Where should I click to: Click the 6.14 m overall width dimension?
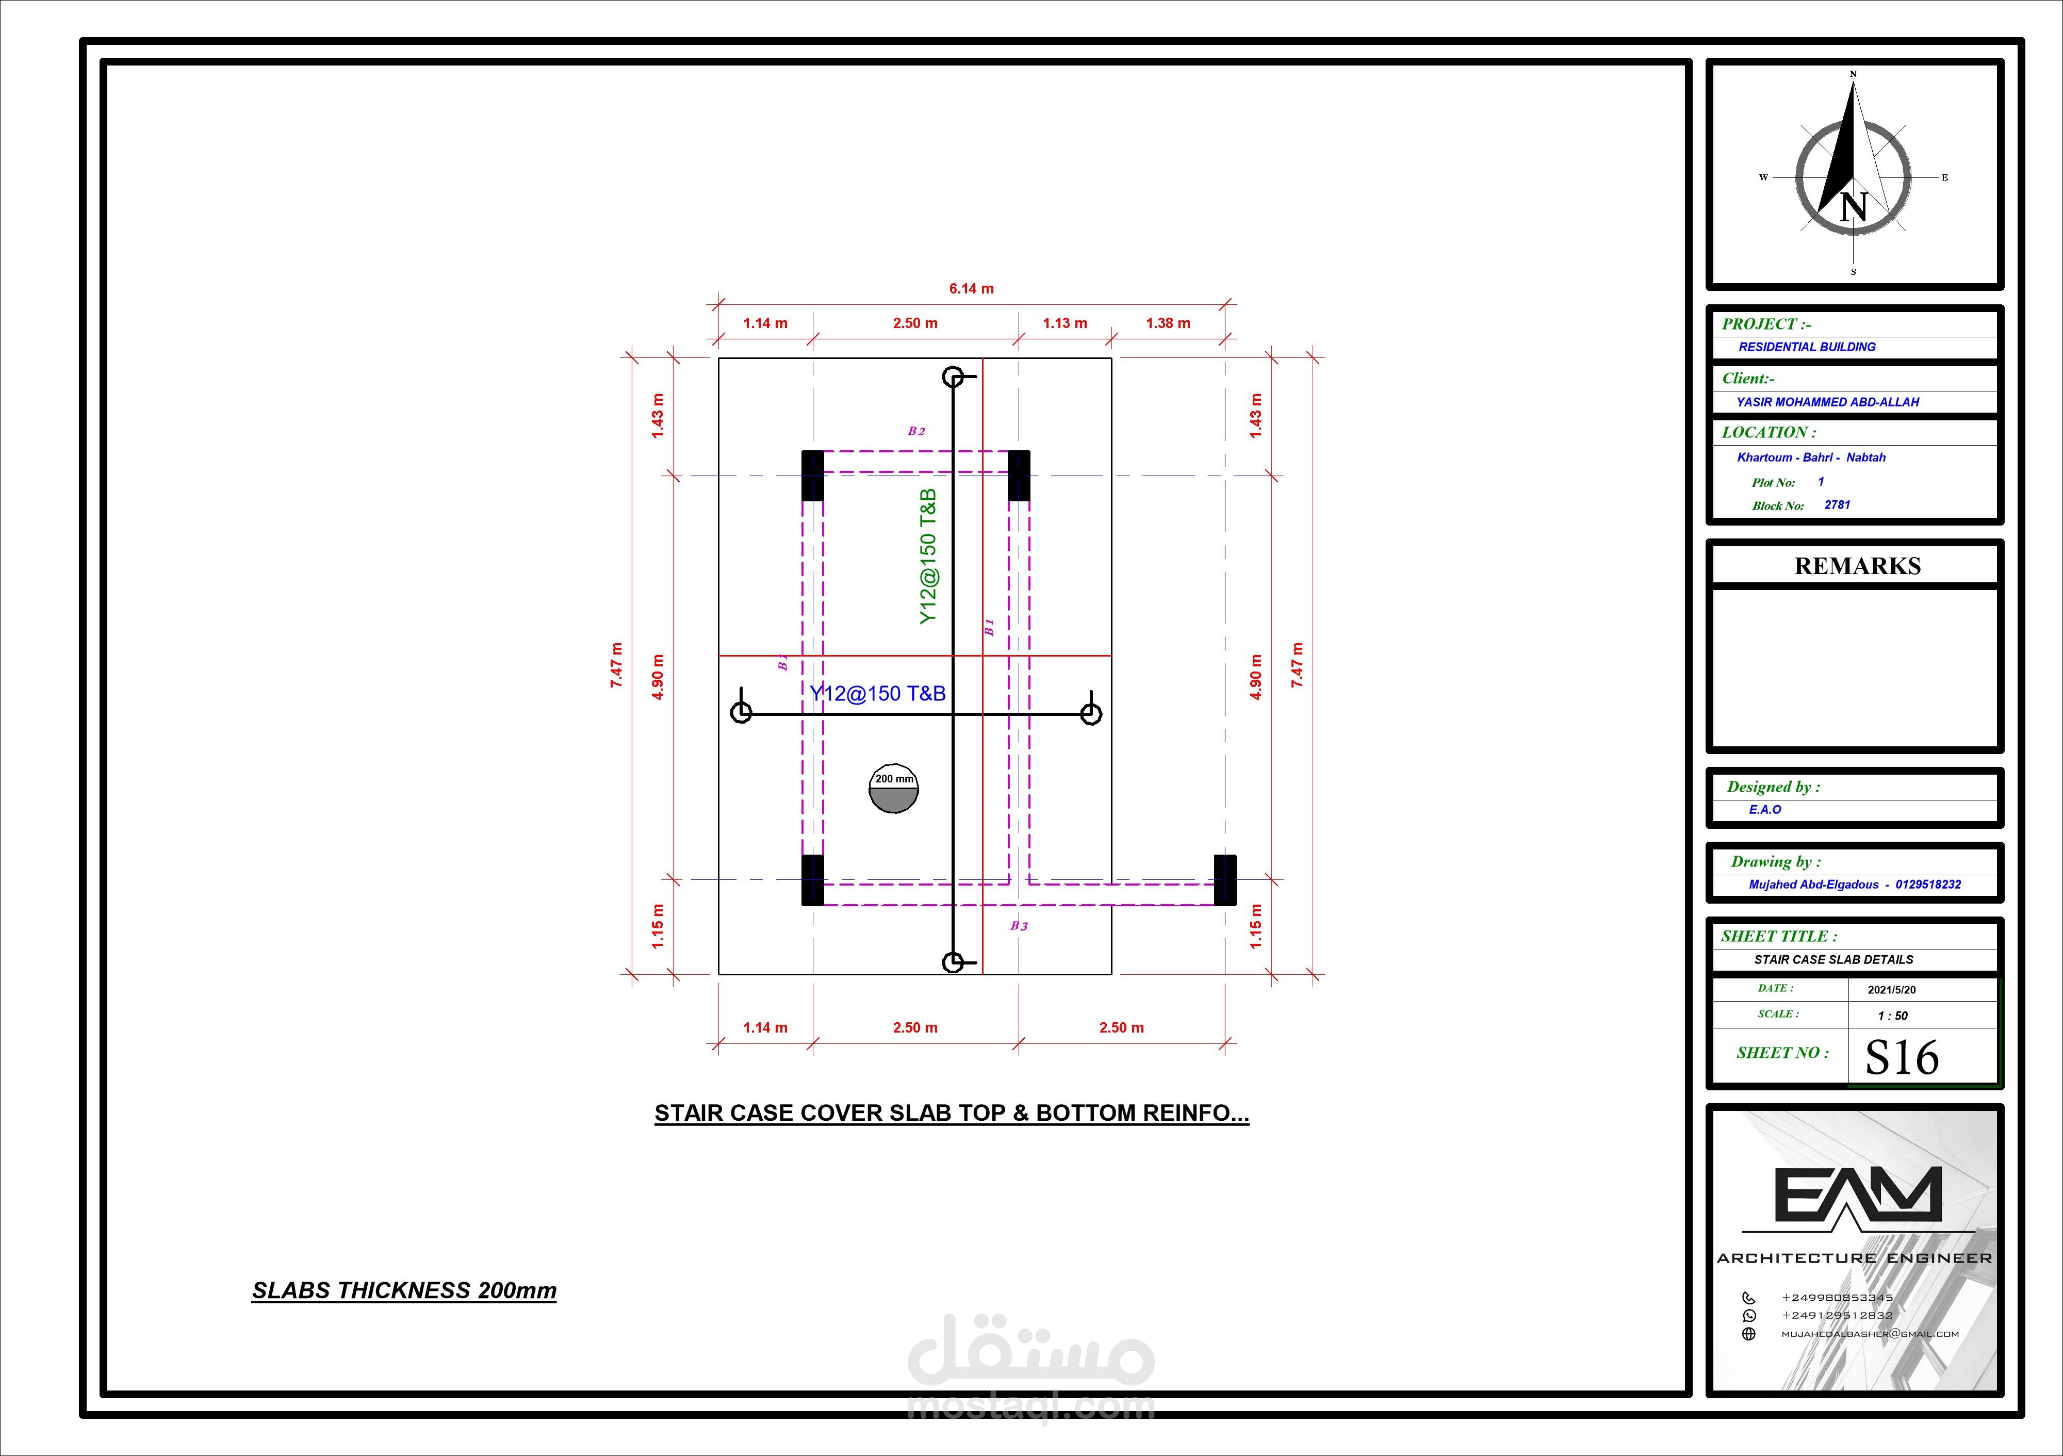point(971,288)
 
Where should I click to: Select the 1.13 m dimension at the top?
point(1065,323)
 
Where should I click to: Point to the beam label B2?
point(916,431)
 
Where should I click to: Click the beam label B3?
point(1019,926)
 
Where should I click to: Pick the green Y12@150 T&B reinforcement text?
point(928,557)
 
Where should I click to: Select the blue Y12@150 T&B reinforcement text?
point(878,693)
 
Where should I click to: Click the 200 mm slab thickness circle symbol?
point(894,788)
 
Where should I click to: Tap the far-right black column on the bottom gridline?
point(1225,880)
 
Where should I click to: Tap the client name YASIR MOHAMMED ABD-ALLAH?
point(1828,402)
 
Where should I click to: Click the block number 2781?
point(1838,505)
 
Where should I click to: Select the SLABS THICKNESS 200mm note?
point(404,1290)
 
